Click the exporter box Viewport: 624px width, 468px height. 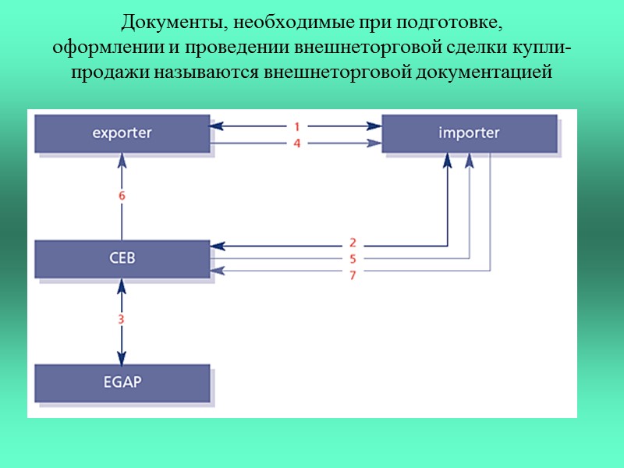coord(122,133)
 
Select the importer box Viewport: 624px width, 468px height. coord(468,133)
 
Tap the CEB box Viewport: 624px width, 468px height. coord(122,258)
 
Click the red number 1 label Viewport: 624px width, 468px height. coord(297,126)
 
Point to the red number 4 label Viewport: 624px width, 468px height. coord(297,143)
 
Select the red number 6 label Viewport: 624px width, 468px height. coord(122,196)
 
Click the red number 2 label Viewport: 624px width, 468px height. coord(353,243)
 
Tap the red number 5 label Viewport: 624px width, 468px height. coord(353,258)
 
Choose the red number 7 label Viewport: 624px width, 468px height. coord(353,275)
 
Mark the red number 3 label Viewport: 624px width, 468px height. coord(122,318)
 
